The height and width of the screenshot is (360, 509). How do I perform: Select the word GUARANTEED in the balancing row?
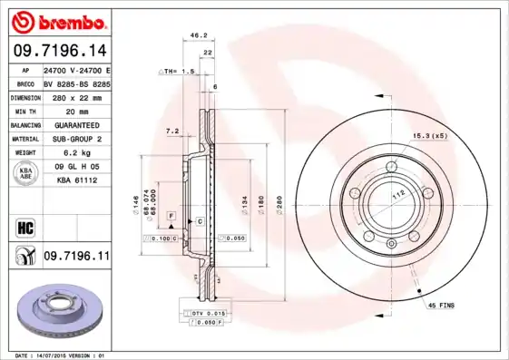pyautogui.click(x=77, y=124)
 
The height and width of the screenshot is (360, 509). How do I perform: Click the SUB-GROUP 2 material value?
pyautogui.click(x=77, y=139)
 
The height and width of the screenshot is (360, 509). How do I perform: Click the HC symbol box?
pyautogui.click(x=25, y=227)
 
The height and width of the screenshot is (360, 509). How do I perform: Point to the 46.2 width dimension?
pyautogui.click(x=193, y=35)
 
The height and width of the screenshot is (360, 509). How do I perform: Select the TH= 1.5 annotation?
pyautogui.click(x=178, y=71)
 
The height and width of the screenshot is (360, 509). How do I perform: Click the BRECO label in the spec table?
pyautogui.click(x=25, y=82)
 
